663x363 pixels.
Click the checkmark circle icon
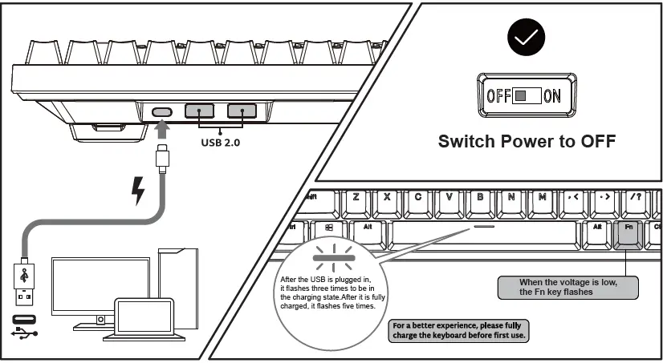click(x=527, y=36)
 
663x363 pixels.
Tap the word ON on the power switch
click(x=552, y=96)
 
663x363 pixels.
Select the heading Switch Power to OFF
click(x=527, y=142)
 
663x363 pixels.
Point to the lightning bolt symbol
click(x=138, y=191)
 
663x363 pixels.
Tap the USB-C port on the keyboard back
click(x=163, y=111)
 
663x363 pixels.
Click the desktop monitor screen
click(x=100, y=285)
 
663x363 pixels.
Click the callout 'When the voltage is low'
click(x=567, y=287)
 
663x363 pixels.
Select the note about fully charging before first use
click(x=459, y=331)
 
